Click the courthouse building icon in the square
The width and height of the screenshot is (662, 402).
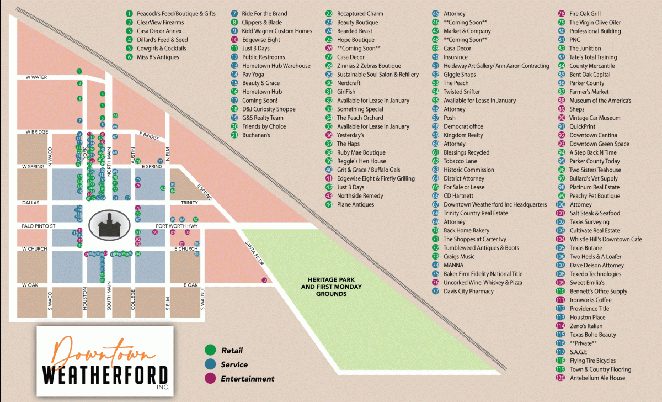tap(108, 225)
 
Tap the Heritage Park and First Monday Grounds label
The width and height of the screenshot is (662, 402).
tap(324, 287)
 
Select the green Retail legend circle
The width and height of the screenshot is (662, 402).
tap(210, 350)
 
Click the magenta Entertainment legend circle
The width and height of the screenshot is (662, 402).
tap(210, 379)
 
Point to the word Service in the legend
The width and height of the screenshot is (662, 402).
tap(234, 364)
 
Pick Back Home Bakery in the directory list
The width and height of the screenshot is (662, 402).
tap(466, 231)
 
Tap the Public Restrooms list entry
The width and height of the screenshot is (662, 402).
tap(263, 57)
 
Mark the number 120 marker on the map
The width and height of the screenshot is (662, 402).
tap(264, 281)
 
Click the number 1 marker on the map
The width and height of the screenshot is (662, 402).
tap(79, 71)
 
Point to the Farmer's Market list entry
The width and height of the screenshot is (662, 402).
tap(589, 92)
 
